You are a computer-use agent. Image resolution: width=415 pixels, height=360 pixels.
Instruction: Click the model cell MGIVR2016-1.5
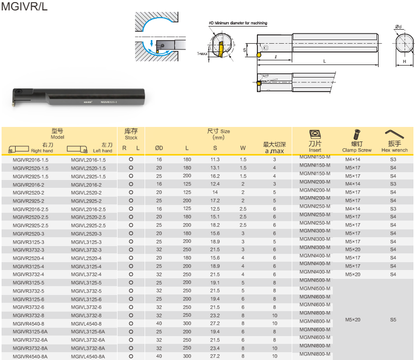(x=30, y=160)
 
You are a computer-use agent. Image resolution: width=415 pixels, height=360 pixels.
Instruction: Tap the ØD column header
(x=159, y=148)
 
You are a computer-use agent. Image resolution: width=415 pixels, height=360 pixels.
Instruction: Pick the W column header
(x=243, y=148)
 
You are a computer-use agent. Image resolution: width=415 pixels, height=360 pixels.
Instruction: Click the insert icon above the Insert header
(x=315, y=135)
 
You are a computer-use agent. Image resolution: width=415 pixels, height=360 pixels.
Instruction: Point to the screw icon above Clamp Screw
(x=357, y=134)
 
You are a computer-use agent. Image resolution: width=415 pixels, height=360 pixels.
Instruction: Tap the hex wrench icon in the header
(x=394, y=134)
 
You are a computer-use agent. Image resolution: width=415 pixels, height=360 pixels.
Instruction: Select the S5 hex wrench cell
(x=393, y=319)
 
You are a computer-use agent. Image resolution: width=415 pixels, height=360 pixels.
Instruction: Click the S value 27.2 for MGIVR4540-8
(x=215, y=324)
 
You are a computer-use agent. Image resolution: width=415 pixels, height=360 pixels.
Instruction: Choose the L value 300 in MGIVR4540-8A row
(x=187, y=356)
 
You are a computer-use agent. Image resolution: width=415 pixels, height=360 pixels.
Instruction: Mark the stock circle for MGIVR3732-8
(x=131, y=315)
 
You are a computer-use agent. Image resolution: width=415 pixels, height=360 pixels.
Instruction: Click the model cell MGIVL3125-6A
(x=88, y=332)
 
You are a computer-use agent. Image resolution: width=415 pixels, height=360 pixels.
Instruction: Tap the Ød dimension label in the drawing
(x=399, y=27)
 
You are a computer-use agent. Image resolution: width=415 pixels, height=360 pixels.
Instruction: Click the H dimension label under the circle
(x=405, y=61)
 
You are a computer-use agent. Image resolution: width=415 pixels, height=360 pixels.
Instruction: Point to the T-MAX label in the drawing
(x=202, y=54)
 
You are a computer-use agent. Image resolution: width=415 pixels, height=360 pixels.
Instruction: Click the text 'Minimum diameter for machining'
(x=240, y=23)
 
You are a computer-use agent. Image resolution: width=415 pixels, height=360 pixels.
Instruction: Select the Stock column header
(x=131, y=134)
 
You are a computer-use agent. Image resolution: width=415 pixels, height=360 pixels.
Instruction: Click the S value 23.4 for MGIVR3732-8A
(x=215, y=348)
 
